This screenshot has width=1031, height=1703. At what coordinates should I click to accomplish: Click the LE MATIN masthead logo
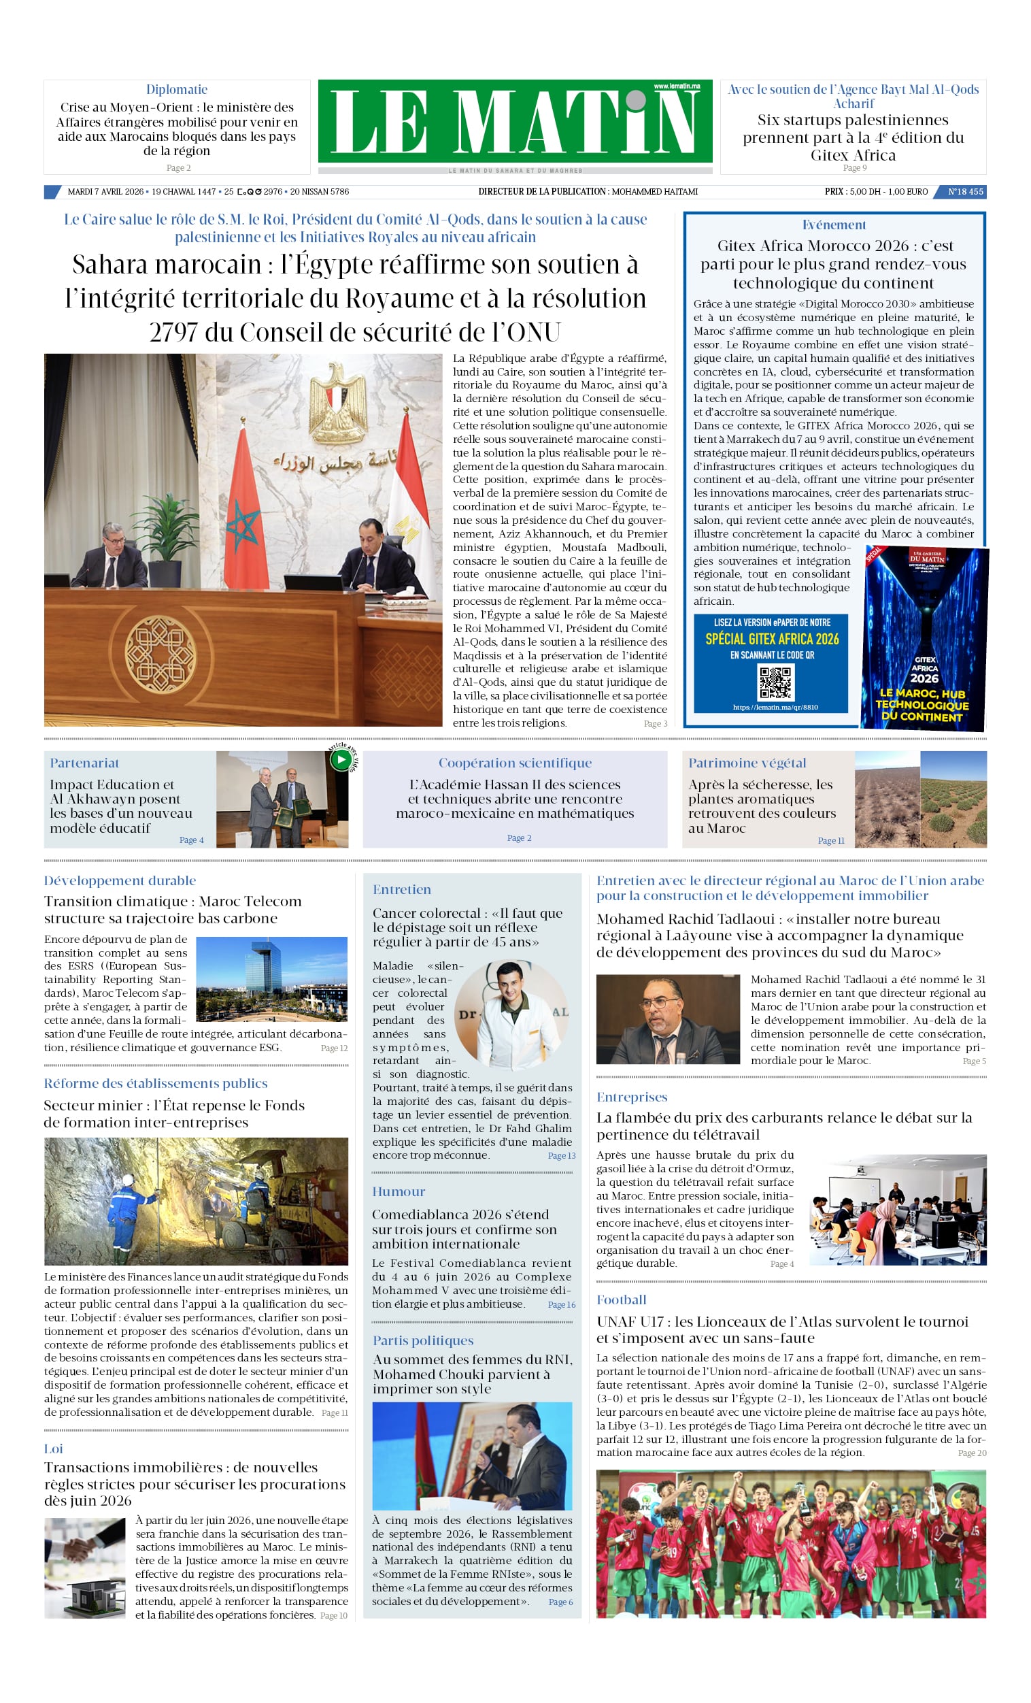tap(515, 122)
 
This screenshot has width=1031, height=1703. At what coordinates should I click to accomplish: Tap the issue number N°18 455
tap(965, 191)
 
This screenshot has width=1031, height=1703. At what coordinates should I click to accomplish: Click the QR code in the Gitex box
tap(775, 683)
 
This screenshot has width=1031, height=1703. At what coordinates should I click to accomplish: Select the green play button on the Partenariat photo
tap(341, 759)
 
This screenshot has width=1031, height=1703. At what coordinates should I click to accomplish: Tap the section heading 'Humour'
tap(399, 1191)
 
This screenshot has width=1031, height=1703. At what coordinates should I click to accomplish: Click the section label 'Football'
tap(621, 1299)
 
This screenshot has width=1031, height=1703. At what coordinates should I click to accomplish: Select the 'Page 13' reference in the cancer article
tap(561, 1155)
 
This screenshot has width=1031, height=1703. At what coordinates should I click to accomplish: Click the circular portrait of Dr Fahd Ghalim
tap(511, 1015)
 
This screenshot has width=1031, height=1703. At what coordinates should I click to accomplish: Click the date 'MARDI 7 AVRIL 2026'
tap(105, 191)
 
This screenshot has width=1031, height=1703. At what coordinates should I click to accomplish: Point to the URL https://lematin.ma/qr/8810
tap(775, 707)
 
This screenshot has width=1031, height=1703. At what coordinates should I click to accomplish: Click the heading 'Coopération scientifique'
tap(515, 762)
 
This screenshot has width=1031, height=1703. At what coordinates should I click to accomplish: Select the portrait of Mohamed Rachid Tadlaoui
tap(668, 1019)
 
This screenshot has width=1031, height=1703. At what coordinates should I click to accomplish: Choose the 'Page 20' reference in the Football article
tap(972, 1453)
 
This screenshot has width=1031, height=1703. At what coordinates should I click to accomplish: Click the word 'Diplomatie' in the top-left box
tap(176, 89)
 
